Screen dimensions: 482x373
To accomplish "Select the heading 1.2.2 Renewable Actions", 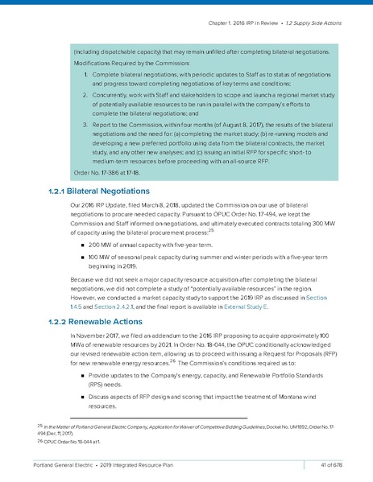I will (89, 322).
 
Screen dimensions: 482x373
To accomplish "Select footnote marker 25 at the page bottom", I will (39, 423).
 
